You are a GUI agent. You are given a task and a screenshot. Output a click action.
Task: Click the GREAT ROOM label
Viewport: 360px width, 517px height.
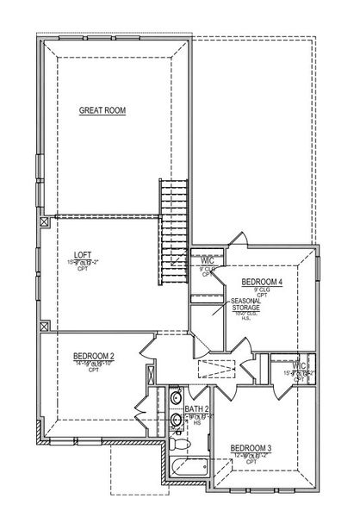(103, 109)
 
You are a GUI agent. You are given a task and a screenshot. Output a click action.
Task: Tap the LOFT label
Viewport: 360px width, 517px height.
(82, 254)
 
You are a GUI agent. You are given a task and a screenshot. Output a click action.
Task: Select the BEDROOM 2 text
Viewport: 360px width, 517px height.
(94, 355)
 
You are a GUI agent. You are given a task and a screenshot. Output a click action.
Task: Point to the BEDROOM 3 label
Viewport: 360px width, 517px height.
(251, 447)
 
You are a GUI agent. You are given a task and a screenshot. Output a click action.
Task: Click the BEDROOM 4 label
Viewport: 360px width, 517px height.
(262, 282)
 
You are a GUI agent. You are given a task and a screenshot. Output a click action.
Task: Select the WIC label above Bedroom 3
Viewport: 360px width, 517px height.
(299, 364)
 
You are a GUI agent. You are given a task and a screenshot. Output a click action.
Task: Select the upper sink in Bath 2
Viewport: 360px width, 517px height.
(176, 398)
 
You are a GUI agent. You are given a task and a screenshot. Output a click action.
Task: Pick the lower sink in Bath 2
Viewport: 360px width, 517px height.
(176, 420)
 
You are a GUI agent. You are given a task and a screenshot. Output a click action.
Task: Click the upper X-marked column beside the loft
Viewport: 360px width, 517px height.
(44, 221)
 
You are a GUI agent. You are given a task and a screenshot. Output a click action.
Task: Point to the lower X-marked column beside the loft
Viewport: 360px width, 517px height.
(44, 326)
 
